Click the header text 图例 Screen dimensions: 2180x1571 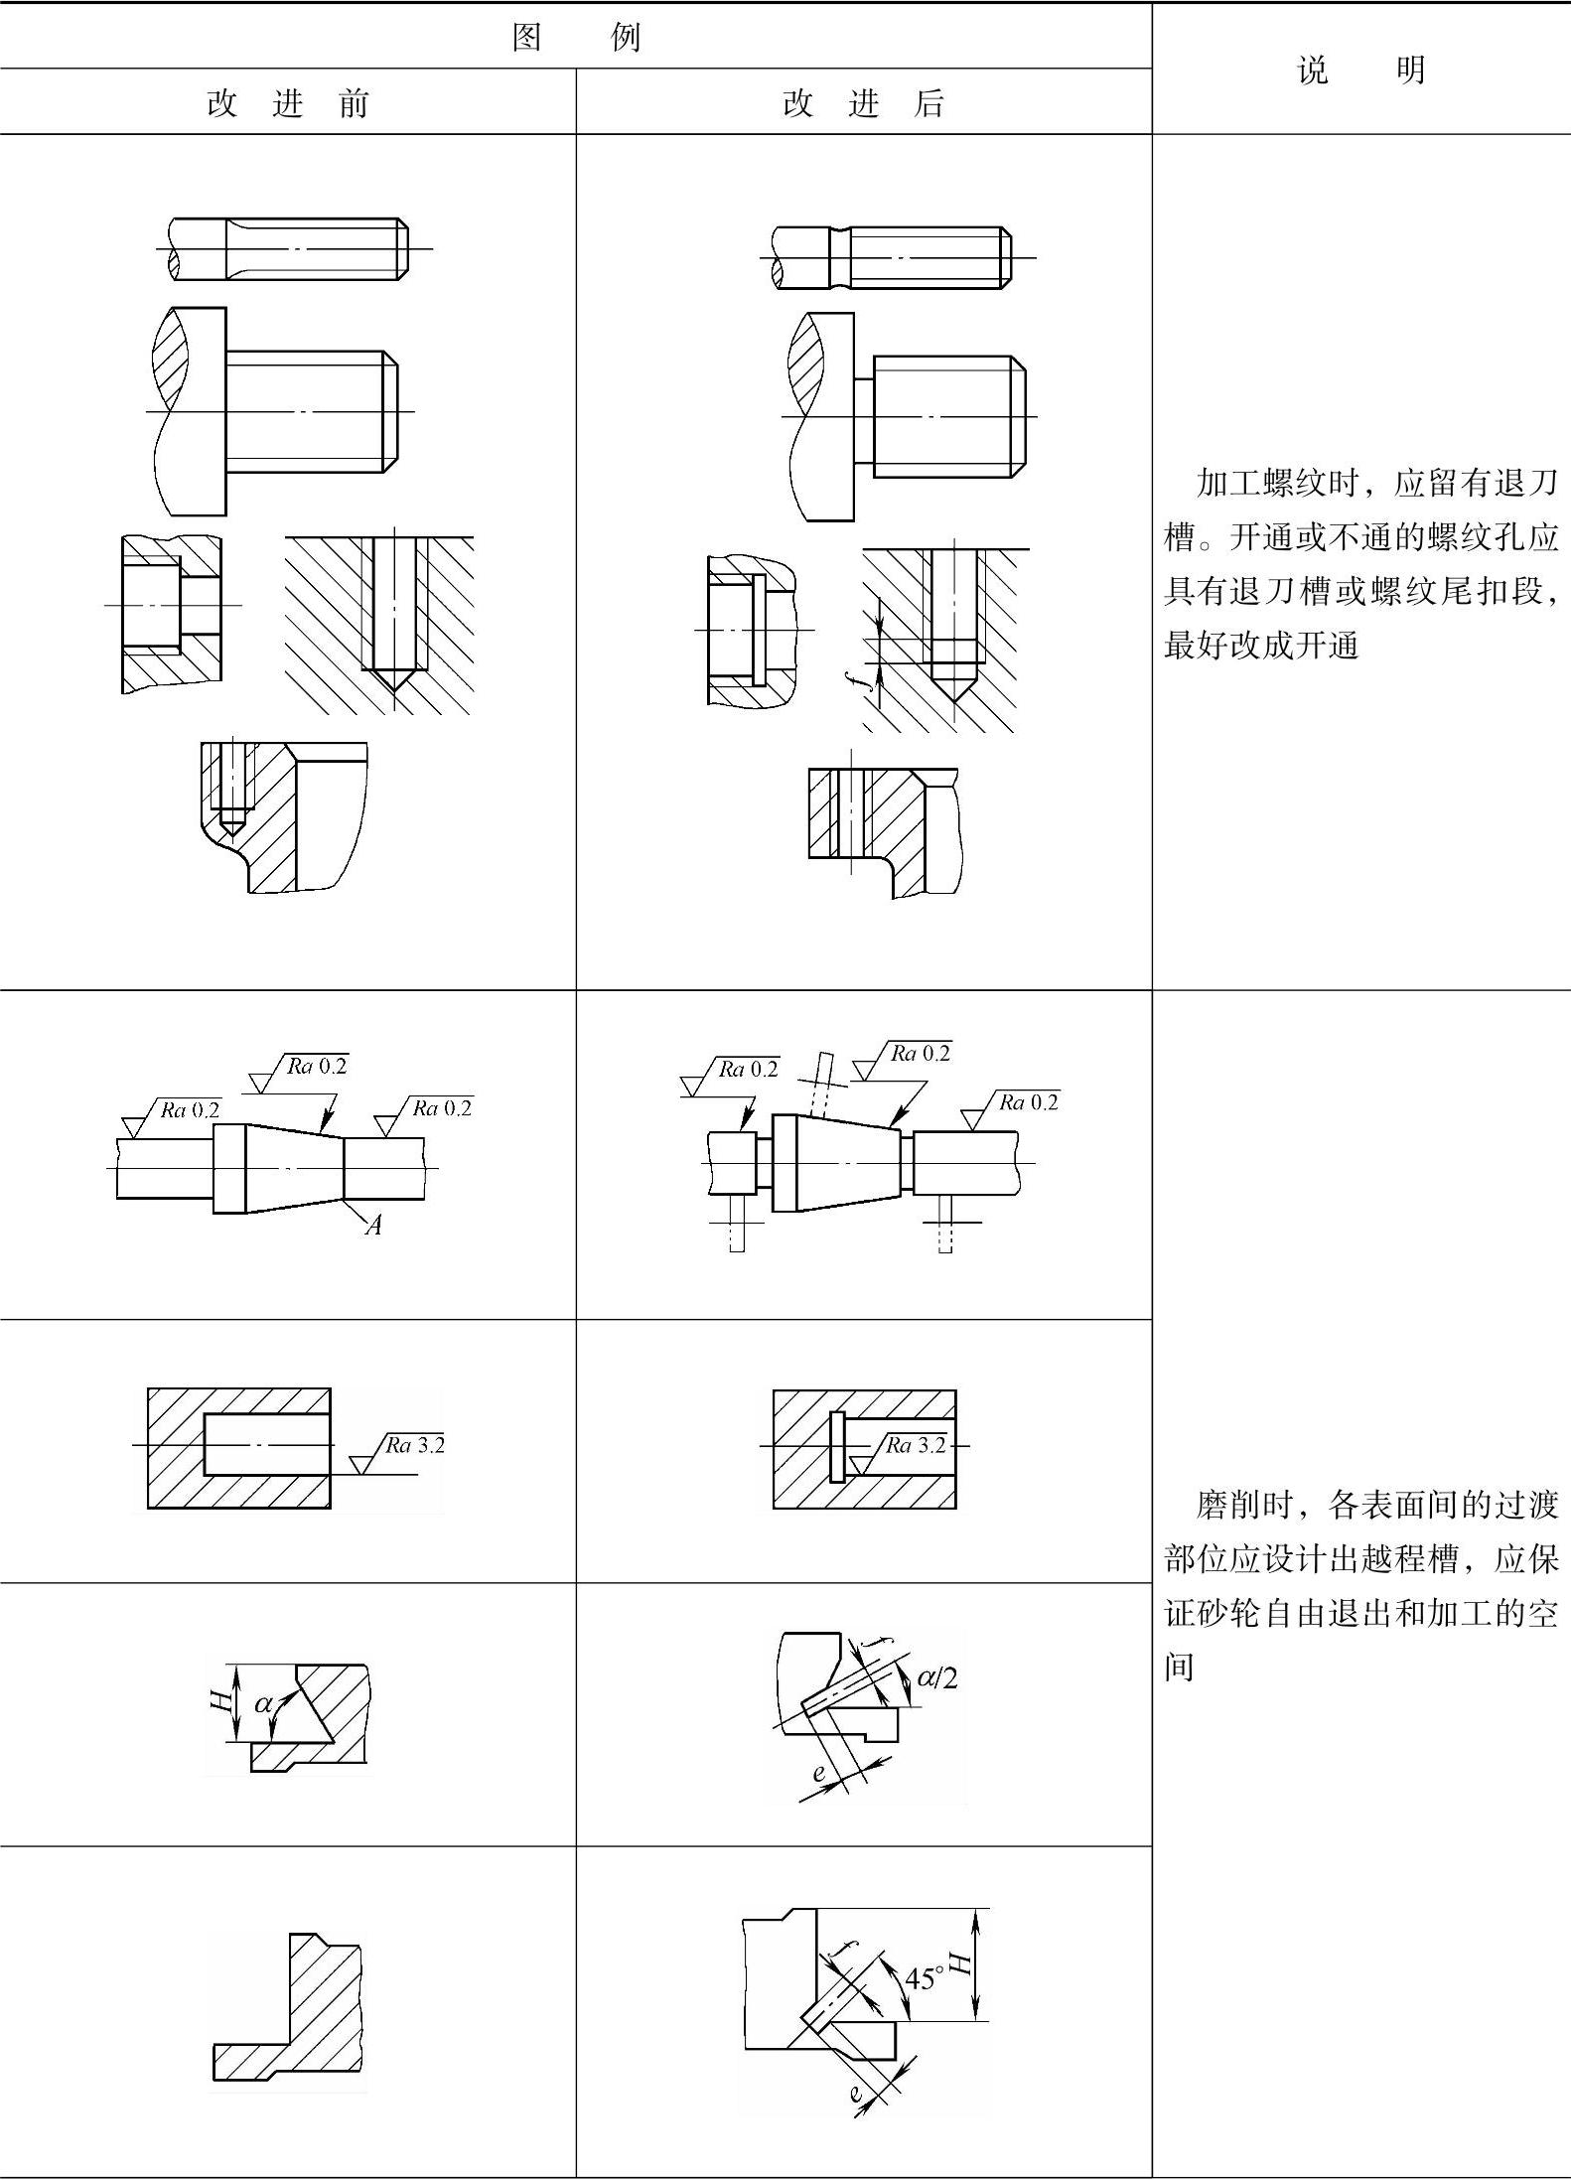tap(576, 37)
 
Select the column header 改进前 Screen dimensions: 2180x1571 tap(288, 103)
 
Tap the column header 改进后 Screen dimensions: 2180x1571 tap(863, 103)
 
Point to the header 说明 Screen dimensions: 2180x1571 tap(1360, 70)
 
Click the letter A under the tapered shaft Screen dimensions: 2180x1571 tap(373, 1226)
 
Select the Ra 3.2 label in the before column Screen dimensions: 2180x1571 tap(415, 1445)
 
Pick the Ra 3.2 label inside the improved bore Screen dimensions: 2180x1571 tap(916, 1445)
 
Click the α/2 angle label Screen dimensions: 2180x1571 tap(937, 1678)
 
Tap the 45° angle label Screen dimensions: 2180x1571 tap(922, 1978)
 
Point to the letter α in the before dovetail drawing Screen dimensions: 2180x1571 tap(263, 1704)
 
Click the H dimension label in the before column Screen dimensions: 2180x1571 tap(220, 1701)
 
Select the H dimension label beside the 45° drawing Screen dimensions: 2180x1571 tap(959, 1962)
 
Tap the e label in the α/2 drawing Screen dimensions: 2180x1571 tap(818, 1773)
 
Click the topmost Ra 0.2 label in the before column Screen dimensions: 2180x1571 tap(317, 1066)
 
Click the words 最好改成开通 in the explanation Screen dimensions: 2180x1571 tap(1261, 646)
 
